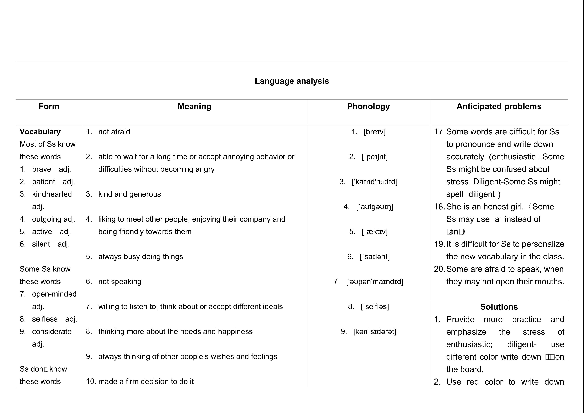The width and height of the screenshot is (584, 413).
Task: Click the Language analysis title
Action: [x=292, y=81]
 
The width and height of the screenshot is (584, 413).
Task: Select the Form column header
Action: [x=49, y=106]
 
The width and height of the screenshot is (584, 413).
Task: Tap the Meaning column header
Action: [x=194, y=106]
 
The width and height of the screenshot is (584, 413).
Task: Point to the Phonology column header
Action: [x=368, y=106]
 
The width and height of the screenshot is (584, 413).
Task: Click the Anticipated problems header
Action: [x=499, y=106]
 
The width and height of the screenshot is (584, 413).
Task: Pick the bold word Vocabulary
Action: [x=40, y=132]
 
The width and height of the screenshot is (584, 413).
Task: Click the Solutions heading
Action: [x=499, y=307]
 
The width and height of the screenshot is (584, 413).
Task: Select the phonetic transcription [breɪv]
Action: [x=375, y=132]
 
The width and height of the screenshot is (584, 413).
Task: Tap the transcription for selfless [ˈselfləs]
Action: [x=375, y=307]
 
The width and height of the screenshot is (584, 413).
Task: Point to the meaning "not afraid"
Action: [x=114, y=132]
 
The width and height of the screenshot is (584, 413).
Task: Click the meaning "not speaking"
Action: [x=120, y=282]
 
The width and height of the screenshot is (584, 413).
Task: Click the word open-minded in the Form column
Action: [x=54, y=294]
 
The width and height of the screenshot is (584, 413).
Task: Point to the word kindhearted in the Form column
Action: [x=52, y=194]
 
